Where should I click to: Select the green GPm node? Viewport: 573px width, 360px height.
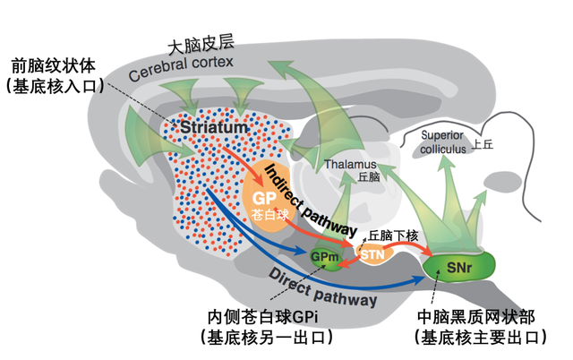point(323,258)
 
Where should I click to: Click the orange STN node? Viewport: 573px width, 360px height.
point(371,255)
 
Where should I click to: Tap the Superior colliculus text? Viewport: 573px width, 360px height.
point(443,142)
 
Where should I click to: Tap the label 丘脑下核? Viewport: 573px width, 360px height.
point(393,234)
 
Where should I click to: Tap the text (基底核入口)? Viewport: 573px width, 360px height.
point(56,86)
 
